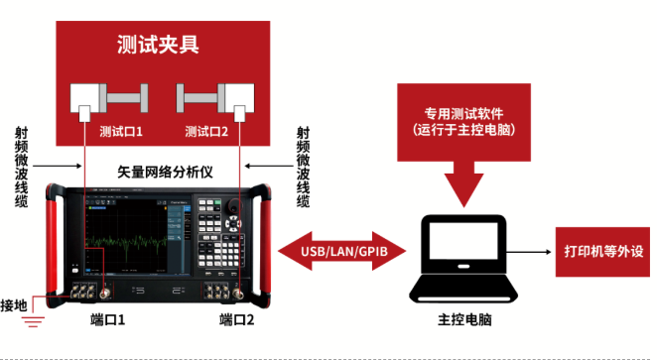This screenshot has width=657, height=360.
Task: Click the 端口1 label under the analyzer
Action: tap(107, 320)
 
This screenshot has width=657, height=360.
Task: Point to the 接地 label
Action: tap(16, 303)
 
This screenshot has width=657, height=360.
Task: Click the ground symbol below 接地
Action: tap(36, 320)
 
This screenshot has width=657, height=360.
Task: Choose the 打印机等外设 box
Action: tap(599, 252)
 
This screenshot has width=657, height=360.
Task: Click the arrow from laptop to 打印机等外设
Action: tap(536, 252)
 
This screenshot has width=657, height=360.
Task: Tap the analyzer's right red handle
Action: tap(265, 243)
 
